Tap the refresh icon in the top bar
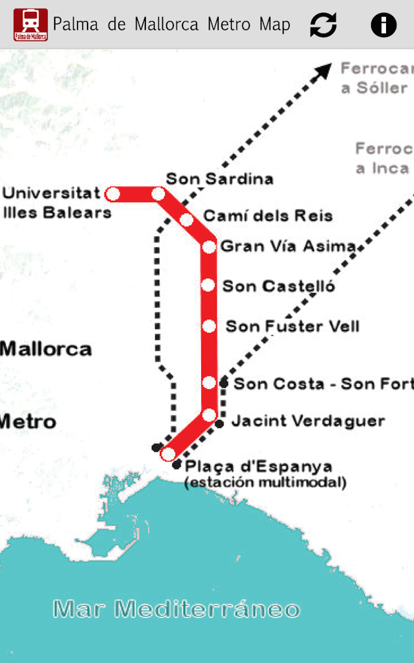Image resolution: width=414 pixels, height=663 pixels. pyautogui.click(x=323, y=24)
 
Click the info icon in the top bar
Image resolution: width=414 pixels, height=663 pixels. pyautogui.click(x=383, y=24)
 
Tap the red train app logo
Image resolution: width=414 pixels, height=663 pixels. pyautogui.click(x=31, y=24)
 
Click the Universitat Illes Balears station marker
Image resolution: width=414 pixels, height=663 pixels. pyautogui.click(x=112, y=194)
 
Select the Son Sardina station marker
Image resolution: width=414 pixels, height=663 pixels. pyautogui.click(x=158, y=194)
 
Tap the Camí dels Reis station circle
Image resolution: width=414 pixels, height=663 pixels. pyautogui.click(x=186, y=220)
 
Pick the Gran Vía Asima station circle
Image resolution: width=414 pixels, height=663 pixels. pyautogui.click(x=209, y=247)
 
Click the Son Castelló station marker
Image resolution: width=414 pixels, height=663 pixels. pyautogui.click(x=208, y=285)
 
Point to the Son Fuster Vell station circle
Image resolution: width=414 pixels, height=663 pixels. pyautogui.click(x=209, y=326)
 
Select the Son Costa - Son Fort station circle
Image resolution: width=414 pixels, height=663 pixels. pyautogui.click(x=209, y=383)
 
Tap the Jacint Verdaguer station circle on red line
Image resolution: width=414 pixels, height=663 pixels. pyautogui.click(x=209, y=415)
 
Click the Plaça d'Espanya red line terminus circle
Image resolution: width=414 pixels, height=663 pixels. pyautogui.click(x=168, y=454)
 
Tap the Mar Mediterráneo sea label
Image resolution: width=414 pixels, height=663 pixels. pyautogui.click(x=176, y=609)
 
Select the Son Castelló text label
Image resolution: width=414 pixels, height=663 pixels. pyautogui.click(x=278, y=286)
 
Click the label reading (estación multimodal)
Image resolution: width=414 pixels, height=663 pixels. pyautogui.click(x=265, y=483)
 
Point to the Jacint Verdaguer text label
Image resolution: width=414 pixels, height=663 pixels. pyautogui.click(x=308, y=421)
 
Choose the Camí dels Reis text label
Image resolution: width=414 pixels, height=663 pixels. pyautogui.click(x=268, y=215)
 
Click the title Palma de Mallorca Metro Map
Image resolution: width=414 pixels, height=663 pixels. pyautogui.click(x=171, y=24)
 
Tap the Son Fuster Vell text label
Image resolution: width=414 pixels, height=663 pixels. pyautogui.click(x=292, y=326)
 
